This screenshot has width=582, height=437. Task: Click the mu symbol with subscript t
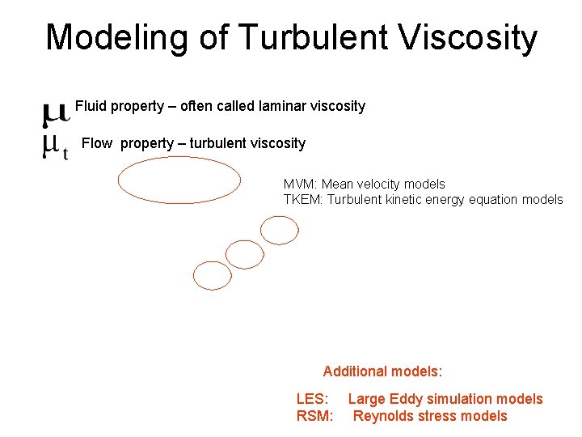point(54,146)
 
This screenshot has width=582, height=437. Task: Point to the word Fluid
point(91,106)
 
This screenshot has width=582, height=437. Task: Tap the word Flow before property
point(97,143)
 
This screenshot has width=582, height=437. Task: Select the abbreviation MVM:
point(300,185)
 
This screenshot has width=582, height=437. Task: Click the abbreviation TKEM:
point(303,199)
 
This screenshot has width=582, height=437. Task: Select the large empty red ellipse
point(179,180)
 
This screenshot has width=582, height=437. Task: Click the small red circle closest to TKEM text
point(280,230)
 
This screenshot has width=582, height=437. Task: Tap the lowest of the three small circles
point(213,275)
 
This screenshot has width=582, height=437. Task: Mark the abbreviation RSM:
point(314,416)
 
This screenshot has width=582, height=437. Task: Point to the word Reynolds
point(384,416)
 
